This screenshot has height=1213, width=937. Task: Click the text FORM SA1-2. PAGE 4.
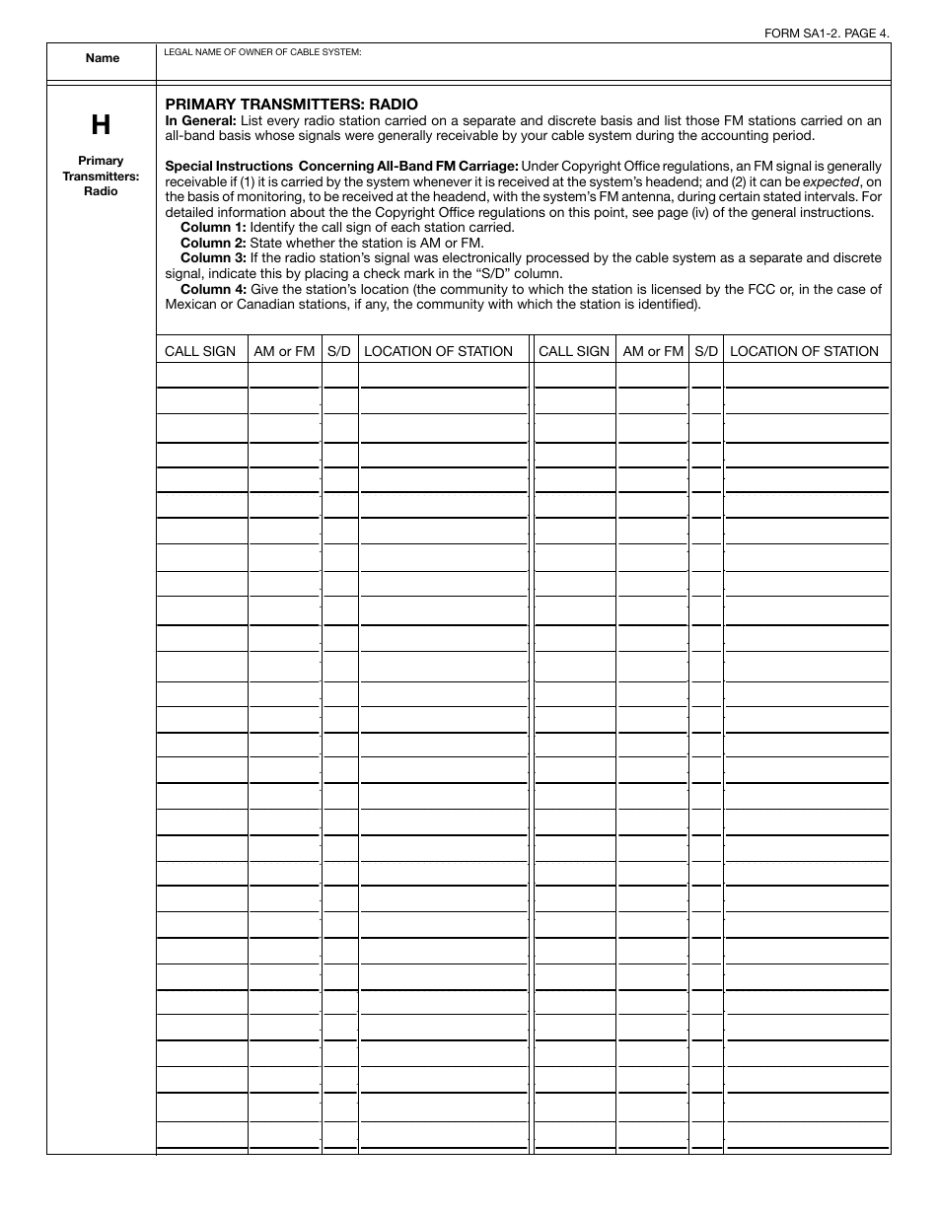tap(827, 33)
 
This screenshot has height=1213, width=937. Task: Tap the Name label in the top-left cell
tap(102, 58)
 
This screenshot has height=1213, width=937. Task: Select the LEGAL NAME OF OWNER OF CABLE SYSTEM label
tap(262, 51)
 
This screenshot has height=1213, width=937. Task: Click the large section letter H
tap(101, 125)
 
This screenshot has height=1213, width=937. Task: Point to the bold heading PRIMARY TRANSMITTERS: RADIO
tap(291, 104)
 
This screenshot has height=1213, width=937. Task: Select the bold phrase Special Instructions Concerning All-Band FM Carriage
tap(341, 166)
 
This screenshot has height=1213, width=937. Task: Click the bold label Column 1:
tap(213, 227)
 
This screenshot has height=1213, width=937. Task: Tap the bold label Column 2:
tap(213, 243)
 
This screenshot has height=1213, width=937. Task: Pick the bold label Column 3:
tap(213, 257)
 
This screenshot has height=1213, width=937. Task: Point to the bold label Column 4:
tap(213, 289)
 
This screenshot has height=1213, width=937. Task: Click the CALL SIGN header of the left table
tap(200, 351)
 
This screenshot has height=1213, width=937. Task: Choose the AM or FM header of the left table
tap(284, 351)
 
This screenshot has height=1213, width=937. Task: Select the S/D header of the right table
tap(706, 351)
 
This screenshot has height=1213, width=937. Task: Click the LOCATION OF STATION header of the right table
tap(804, 351)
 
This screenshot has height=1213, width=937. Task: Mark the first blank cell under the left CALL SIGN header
tap(202, 375)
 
